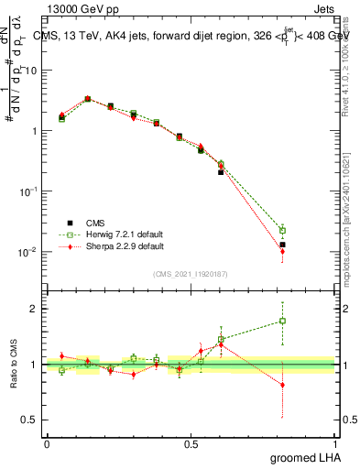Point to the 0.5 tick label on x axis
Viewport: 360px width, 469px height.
click(x=191, y=444)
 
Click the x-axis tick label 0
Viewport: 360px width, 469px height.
click(x=48, y=444)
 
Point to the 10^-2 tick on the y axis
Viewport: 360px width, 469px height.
click(x=29, y=252)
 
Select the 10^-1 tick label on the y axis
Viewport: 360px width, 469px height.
click(x=29, y=191)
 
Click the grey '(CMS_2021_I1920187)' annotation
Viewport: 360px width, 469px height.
click(x=191, y=273)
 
